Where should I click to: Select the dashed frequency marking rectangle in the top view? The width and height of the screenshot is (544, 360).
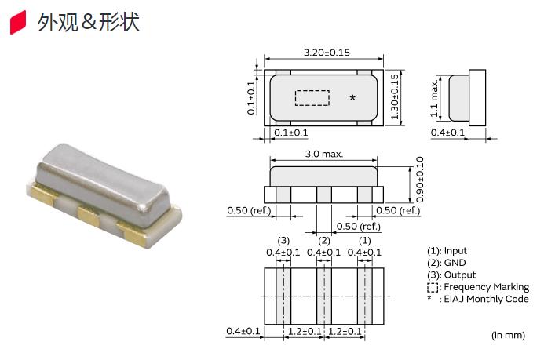312,97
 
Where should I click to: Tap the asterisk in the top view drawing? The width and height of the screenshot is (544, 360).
352,98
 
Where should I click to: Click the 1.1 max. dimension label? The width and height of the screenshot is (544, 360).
434,98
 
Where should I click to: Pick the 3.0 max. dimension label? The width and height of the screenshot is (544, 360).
323,155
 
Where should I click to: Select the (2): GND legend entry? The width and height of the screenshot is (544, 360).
445,263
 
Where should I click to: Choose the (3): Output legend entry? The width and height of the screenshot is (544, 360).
451,275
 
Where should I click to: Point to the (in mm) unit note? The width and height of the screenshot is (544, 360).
508,335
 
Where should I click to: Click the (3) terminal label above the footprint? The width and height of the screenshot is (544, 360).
283,240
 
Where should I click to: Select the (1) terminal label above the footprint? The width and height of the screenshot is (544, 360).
364,240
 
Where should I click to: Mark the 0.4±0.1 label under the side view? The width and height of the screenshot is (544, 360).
448,133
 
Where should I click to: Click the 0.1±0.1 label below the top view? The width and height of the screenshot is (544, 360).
291,133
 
